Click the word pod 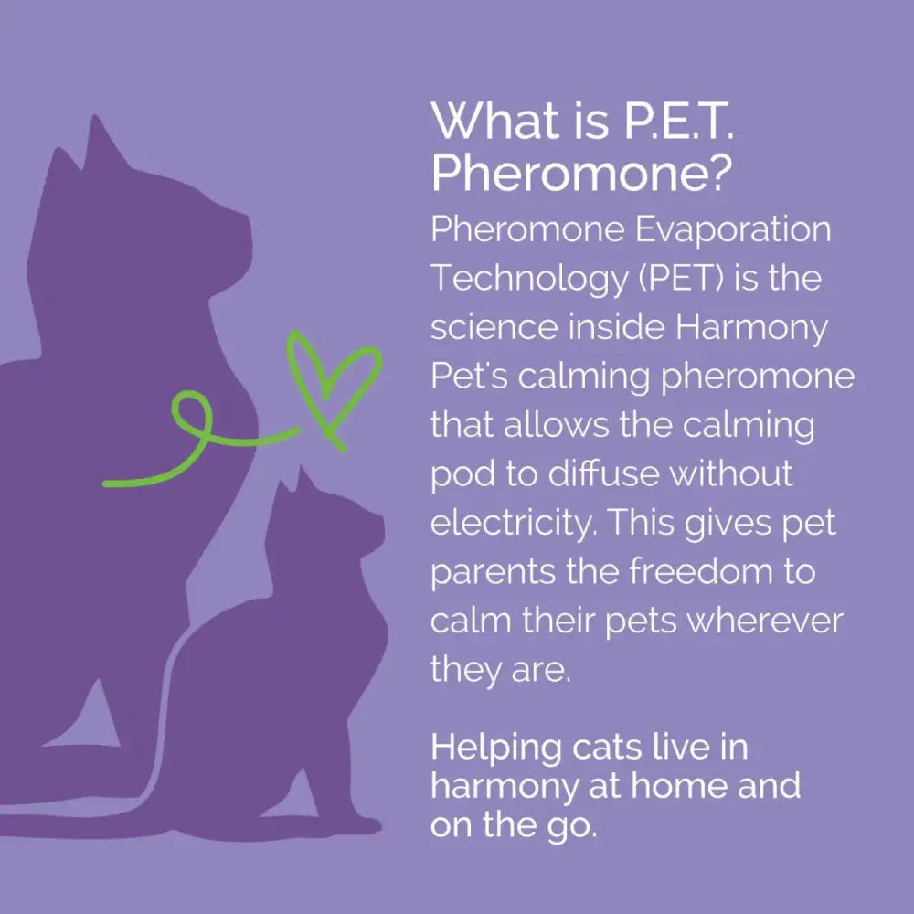tap(460, 475)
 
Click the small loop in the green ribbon tap(195, 416)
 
